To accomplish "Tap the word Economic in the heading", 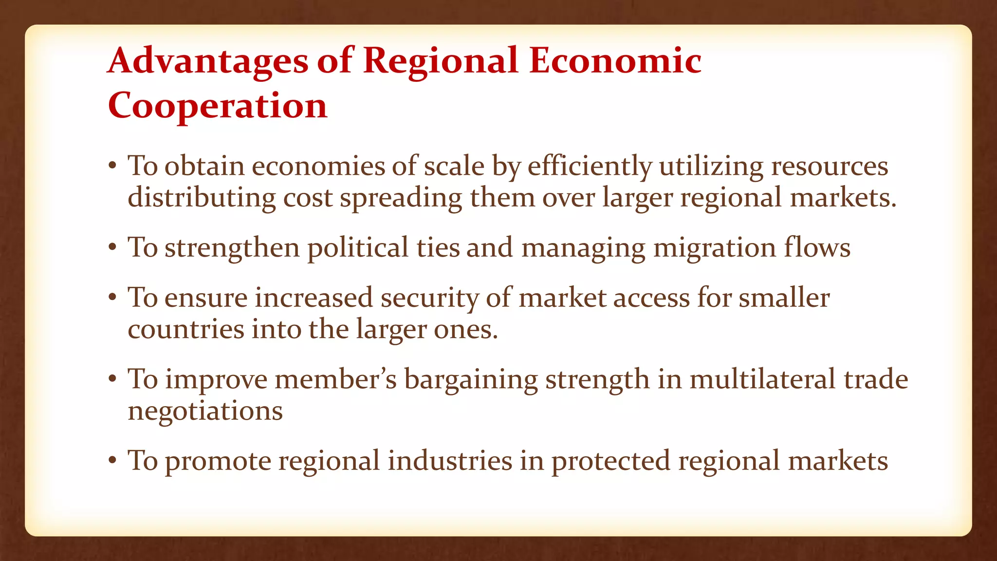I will (615, 61).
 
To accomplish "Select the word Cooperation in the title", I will (217, 106).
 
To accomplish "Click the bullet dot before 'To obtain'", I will (112, 166).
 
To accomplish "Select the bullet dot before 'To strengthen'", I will (112, 247).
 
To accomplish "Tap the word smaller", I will (784, 298).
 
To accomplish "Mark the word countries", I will (185, 330).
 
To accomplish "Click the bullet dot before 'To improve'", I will (112, 379).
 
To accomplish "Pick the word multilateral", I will (762, 379).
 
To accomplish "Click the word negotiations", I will (205, 411).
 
